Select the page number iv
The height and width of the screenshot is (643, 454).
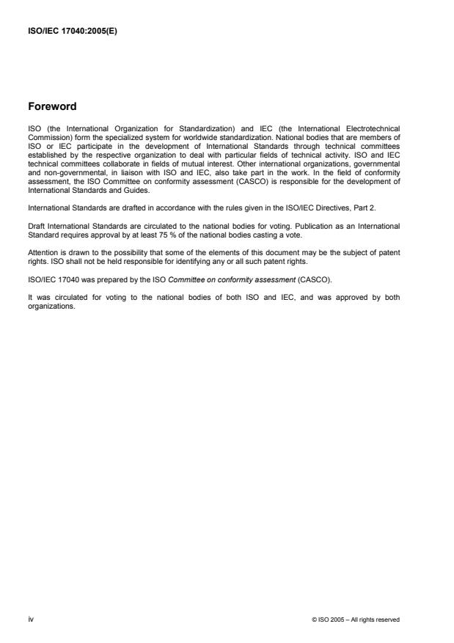[x=30, y=620]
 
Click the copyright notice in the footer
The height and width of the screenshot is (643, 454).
[x=356, y=620]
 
